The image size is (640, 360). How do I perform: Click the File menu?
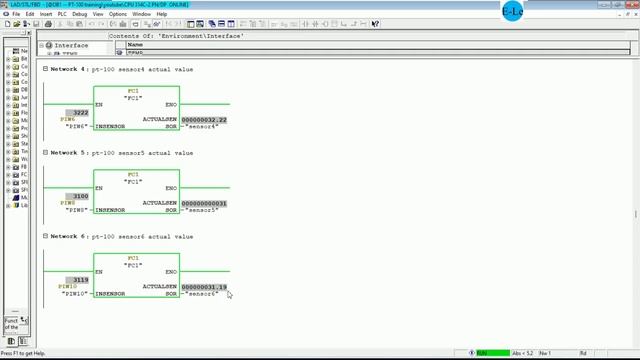[17, 14]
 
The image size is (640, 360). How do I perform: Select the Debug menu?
[80, 14]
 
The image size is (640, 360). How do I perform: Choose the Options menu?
[118, 14]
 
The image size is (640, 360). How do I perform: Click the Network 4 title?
[121, 69]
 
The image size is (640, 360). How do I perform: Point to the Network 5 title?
[121, 153]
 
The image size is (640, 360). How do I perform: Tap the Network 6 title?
[121, 236]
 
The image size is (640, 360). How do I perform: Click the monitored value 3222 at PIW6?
[80, 112]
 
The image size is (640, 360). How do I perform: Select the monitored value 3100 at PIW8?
[80, 196]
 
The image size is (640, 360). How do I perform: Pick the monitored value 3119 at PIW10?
[80, 280]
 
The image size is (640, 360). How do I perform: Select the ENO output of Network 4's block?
[171, 104]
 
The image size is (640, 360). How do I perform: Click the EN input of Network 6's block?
[99, 272]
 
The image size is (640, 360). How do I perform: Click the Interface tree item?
[71, 45]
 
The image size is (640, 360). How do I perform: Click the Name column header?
[135, 45]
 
